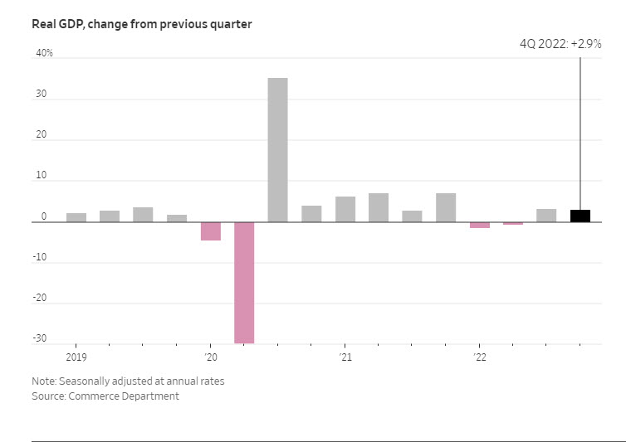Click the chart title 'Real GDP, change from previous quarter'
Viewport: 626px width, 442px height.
[141, 24]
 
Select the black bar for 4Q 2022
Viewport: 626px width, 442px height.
[580, 216]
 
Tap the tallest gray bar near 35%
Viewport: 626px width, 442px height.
[277, 150]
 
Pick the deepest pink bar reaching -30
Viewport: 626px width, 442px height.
[244, 282]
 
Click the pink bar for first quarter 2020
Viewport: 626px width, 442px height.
[211, 231]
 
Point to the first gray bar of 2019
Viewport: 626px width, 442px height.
[76, 217]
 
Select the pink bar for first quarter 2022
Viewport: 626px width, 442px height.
[479, 225]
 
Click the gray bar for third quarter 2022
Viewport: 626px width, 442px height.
[546, 216]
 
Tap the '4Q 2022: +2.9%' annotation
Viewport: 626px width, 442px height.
[560, 43]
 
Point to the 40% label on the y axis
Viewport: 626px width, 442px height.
[43, 53]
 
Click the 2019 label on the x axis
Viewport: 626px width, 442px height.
[76, 357]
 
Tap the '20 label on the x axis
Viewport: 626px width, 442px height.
[211, 357]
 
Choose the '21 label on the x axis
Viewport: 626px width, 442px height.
[345, 357]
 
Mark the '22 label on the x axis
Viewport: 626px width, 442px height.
[479, 357]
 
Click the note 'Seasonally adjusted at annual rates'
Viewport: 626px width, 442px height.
[128, 381]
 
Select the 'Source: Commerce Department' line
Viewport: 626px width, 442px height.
[105, 396]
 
